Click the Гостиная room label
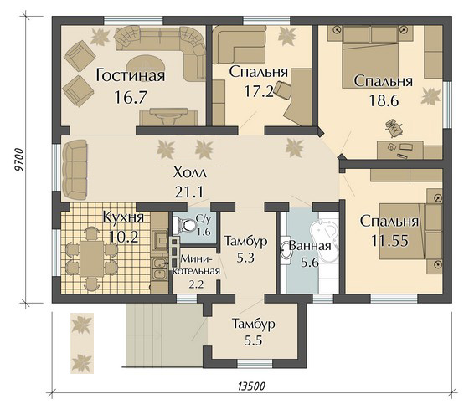coord(131,76)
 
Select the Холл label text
coord(189,173)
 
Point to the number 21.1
coord(189,192)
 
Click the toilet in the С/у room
coord(183,225)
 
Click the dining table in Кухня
coord(91,258)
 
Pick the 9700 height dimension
coord(18,160)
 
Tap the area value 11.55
coord(389,241)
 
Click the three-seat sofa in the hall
coord(75,170)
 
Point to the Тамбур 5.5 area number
coord(253,341)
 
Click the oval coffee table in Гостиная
coord(146,64)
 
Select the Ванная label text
coord(310,246)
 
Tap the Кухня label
coord(123,217)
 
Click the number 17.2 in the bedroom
coord(259,91)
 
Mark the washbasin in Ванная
coord(285,251)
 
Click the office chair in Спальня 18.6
coord(393,128)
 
